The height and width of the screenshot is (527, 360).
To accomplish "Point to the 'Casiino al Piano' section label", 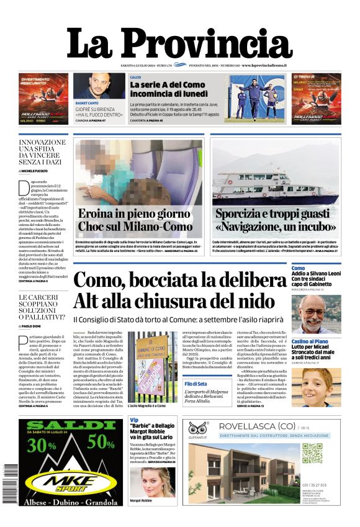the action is [x=310, y=341].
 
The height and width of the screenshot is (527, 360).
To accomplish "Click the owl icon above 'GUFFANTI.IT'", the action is [x=198, y=428].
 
